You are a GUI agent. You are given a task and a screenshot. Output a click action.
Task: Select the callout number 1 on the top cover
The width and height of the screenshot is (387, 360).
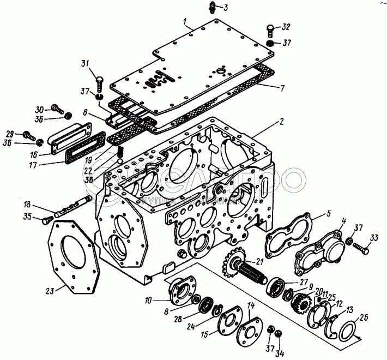186,22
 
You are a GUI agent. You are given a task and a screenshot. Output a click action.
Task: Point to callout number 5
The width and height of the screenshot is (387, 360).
315,213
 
